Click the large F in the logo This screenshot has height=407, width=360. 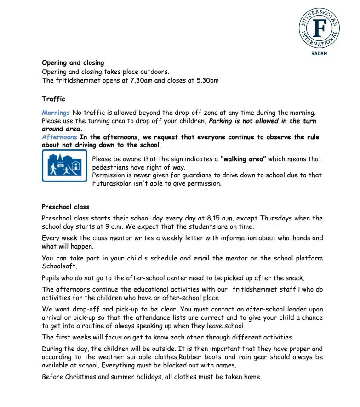coord(319,28)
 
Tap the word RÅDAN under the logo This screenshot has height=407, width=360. coord(319,54)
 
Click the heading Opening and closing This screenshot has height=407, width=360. coord(73,63)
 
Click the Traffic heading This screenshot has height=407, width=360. coord(53,99)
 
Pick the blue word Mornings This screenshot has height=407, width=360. coord(56,113)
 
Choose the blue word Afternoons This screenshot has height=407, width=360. coord(59,137)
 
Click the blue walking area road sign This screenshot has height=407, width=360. coord(64,166)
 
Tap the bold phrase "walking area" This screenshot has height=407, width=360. coord(243,159)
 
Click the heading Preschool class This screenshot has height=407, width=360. coord(65,207)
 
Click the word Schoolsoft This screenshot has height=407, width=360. coord(59,266)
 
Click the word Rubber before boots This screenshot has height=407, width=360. coord(190,357)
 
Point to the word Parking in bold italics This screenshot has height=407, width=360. coord(223,121)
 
